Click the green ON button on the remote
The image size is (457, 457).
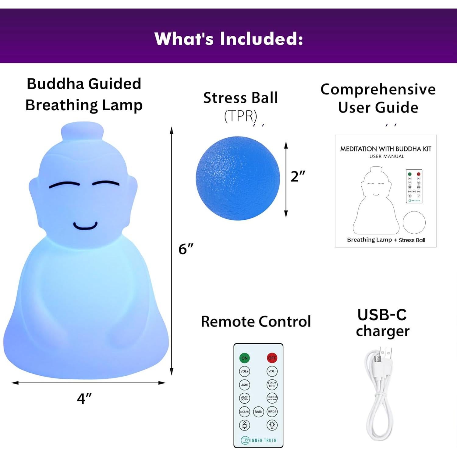(244, 358)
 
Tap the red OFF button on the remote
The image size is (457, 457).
(272, 358)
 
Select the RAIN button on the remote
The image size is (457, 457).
(258, 412)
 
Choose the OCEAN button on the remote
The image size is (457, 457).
(244, 412)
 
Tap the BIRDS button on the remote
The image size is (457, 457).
(272, 412)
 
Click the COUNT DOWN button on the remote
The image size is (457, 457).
(244, 398)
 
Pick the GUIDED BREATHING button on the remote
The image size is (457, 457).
(272, 398)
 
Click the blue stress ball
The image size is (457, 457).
(237, 178)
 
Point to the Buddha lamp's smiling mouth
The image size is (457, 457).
(85, 226)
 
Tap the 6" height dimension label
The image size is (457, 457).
(186, 249)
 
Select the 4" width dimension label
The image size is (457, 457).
(84, 398)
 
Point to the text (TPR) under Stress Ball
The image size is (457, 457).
(241, 116)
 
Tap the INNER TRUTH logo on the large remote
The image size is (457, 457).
(259, 440)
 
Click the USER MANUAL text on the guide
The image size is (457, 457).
(387, 156)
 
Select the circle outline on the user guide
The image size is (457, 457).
(414, 222)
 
